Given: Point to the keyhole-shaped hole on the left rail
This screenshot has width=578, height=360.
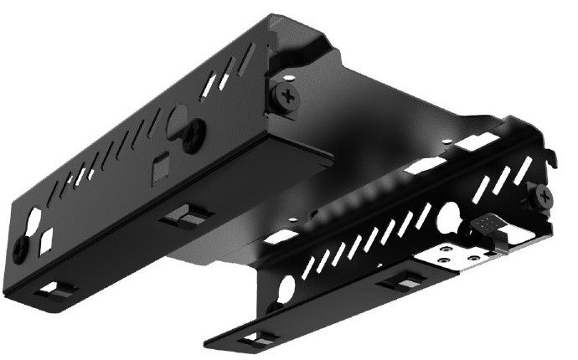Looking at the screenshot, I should coord(34,223).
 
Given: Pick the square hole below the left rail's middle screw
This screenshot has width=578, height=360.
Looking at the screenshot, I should coord(157,171).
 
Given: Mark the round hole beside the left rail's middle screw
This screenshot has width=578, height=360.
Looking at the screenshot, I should coord(178,118).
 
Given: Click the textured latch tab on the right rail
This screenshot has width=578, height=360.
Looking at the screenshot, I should coord(488,224).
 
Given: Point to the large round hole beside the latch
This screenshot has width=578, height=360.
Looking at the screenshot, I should coord(449,217).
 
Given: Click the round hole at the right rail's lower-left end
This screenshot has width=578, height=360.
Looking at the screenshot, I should coord(286,289).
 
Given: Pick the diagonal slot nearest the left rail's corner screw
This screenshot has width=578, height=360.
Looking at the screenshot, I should coord(245,61).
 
